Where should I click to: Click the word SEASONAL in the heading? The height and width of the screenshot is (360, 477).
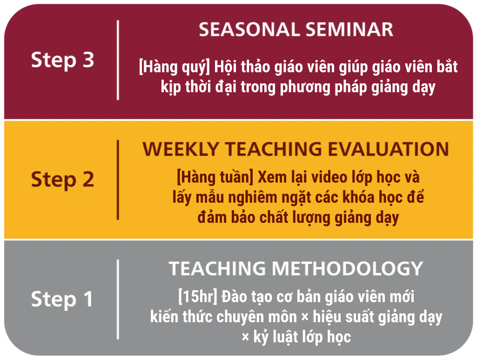[x=249, y=29]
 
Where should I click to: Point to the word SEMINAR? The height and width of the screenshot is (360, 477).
[x=349, y=29]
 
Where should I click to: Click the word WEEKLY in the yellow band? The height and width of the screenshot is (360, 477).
[x=181, y=149]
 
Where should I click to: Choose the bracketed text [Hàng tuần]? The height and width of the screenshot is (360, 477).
[x=215, y=178]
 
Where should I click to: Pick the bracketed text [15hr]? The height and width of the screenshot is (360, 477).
[x=198, y=297]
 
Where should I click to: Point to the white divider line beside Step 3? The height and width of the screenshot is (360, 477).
[x=118, y=60]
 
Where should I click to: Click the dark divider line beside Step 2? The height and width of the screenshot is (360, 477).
[x=118, y=180]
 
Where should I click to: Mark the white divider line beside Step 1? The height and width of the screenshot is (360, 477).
[x=118, y=300]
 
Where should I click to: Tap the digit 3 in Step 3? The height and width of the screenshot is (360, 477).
[x=88, y=60]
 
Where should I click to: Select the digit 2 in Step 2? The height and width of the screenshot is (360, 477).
[x=88, y=179]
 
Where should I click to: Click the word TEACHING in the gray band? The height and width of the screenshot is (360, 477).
[x=217, y=268]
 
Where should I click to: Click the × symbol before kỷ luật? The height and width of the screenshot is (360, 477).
[x=245, y=337]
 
